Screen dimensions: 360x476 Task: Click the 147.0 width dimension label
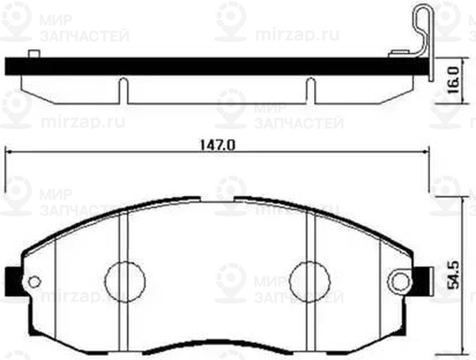217,145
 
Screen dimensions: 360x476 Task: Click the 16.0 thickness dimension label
454,81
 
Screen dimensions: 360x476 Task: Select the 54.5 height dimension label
454,270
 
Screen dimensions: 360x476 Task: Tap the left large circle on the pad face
125,279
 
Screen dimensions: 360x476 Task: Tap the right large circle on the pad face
309,279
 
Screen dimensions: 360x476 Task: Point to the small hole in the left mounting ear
33,281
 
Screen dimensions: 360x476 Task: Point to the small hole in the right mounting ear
401,280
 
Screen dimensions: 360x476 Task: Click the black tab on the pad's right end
422,279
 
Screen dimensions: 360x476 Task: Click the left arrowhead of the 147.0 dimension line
10,155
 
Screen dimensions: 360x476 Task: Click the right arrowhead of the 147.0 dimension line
427,155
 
